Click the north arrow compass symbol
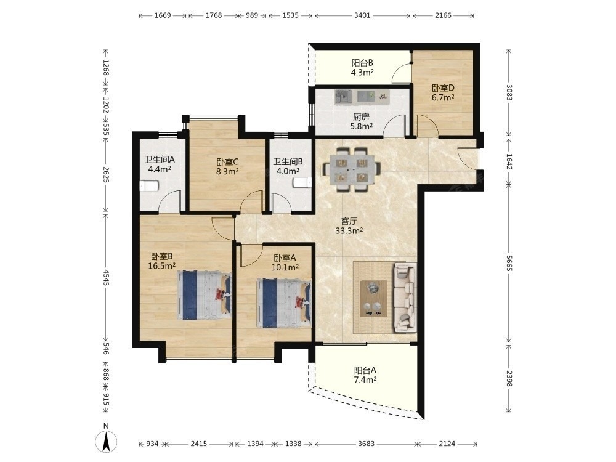(x=106, y=441)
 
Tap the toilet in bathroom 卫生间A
(x=149, y=186)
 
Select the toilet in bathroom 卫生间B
(x=302, y=183)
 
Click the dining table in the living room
(x=352, y=169)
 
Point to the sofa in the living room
(x=405, y=297)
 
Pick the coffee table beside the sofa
(x=373, y=298)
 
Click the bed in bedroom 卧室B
(x=204, y=295)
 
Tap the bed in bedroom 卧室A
(x=284, y=303)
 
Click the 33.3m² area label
(x=349, y=230)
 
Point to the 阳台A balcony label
(x=365, y=370)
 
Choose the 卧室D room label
(x=443, y=88)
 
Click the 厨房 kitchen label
(x=361, y=116)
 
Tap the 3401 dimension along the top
(x=362, y=15)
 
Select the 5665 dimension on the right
(x=509, y=263)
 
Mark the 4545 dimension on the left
(x=106, y=277)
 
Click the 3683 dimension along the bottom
(x=366, y=444)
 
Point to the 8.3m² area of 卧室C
(x=227, y=171)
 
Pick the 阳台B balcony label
(x=362, y=63)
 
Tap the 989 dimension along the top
(x=252, y=15)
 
